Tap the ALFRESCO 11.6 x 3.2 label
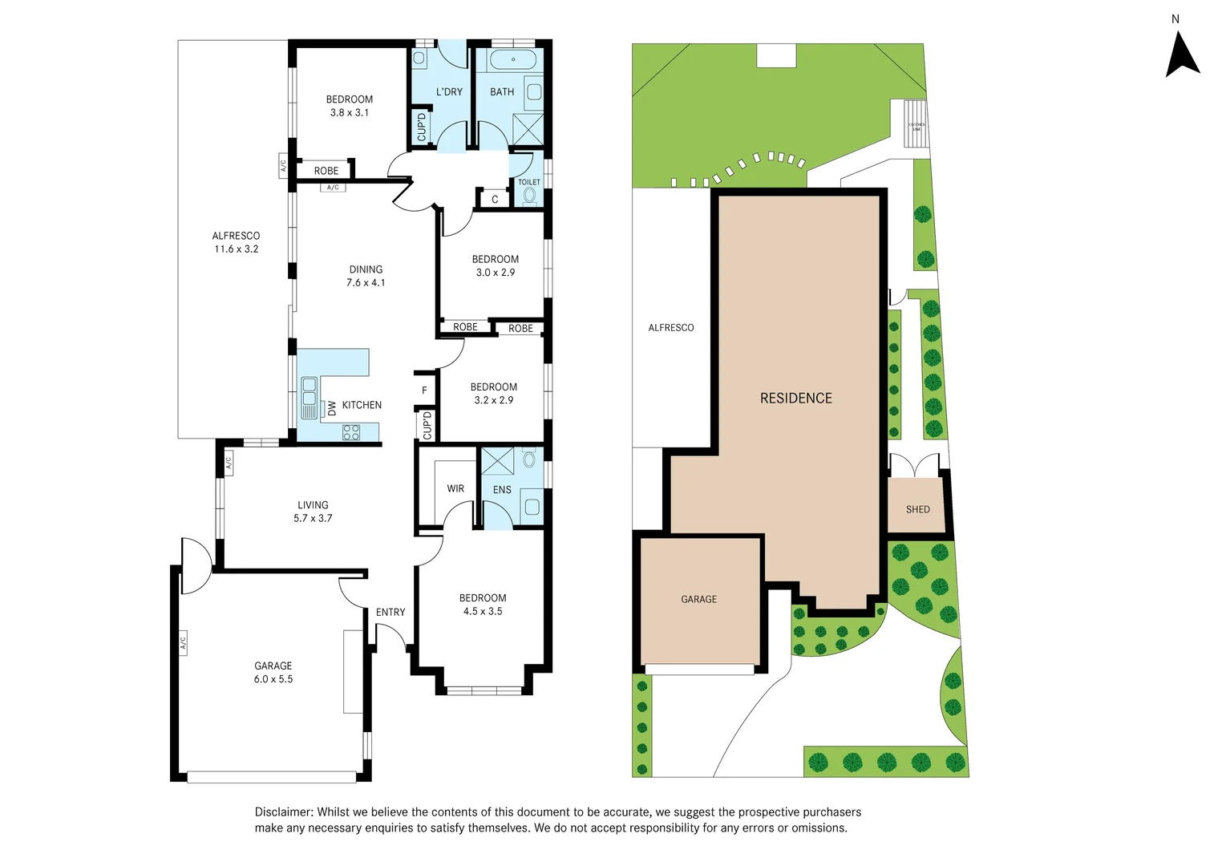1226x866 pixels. coord(236,242)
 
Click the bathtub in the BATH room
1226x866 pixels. coord(513,60)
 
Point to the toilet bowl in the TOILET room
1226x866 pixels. coord(529,195)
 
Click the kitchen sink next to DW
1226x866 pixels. coord(310,399)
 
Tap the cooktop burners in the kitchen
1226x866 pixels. coord(351,433)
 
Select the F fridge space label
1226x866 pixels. coord(424,391)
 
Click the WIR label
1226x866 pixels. coord(455,488)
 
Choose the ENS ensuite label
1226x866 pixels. coord(502,490)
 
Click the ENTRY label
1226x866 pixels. coord(390,612)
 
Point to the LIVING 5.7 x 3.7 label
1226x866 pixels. coord(313,512)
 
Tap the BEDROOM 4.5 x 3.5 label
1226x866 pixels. coord(483,605)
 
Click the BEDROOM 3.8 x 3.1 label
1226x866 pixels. coord(350,106)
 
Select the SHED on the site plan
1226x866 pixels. coord(918,509)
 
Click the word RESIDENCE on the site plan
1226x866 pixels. coord(795,399)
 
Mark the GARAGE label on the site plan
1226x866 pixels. coord(698,599)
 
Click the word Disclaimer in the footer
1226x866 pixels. coord(284,812)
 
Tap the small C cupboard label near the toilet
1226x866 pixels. coord(495,200)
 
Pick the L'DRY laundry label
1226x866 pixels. coord(449,92)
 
